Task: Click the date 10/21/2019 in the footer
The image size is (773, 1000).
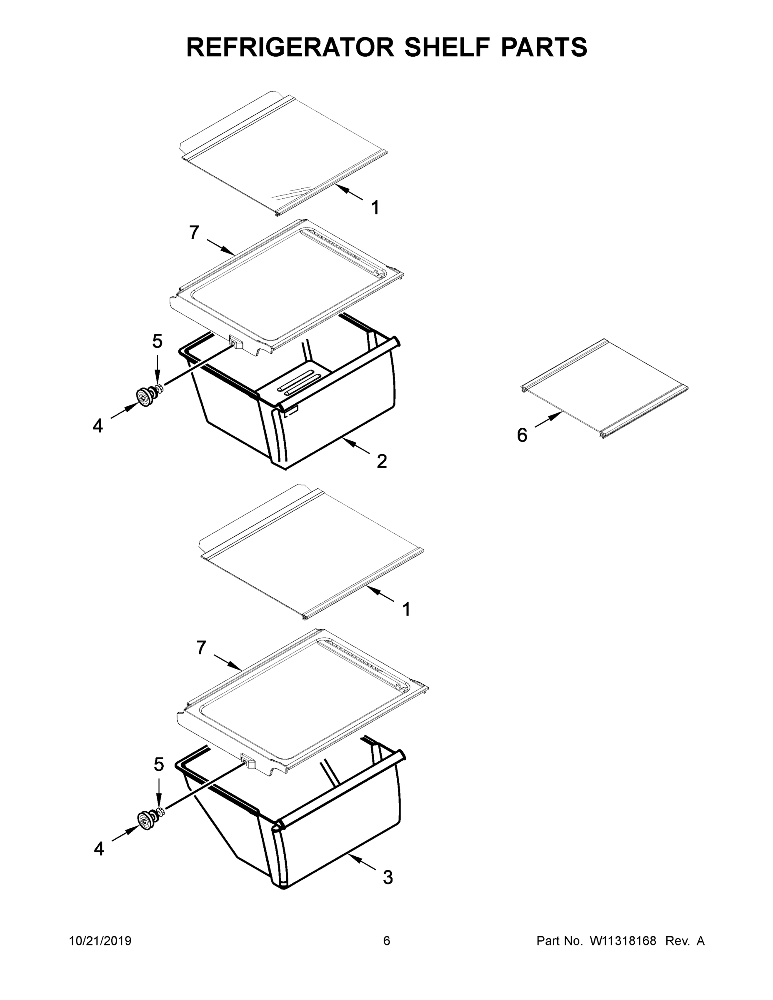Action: coord(100,940)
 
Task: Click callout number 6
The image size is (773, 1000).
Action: coord(522,435)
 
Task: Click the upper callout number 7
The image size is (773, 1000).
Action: coord(194,233)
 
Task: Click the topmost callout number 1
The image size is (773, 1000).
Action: coord(375,208)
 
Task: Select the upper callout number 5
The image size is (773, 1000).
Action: coord(157,341)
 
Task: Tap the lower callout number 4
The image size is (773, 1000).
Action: coord(99,848)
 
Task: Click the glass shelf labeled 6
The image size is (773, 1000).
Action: coord(605,387)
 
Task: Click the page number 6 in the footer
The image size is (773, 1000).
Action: coord(387,940)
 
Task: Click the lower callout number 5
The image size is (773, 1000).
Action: coord(158,764)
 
